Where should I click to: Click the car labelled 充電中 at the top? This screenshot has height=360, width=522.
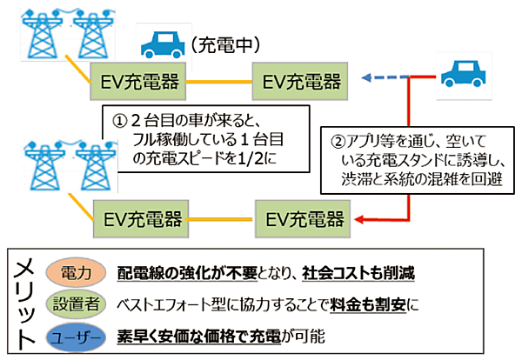coord(161,45)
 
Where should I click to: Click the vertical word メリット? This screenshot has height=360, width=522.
coord(24,304)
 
